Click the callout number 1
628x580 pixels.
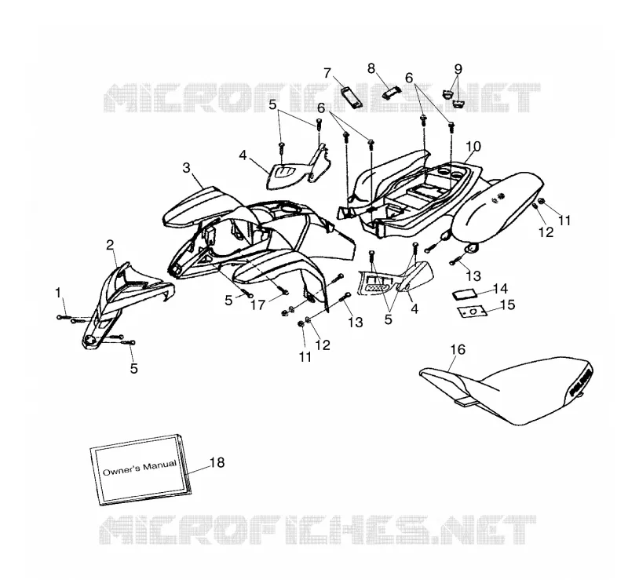58,294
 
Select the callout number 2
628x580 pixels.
110,245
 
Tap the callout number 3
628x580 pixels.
186,168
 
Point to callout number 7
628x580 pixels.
327,73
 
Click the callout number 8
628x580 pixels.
371,68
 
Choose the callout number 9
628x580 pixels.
458,69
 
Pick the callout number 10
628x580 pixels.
473,146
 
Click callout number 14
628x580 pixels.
501,288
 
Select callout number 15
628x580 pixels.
508,305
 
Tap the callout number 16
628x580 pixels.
458,350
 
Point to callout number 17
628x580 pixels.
258,305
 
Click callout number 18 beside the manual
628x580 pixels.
217,462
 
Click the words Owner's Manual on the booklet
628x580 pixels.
140,468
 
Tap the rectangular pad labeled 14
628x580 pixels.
464,294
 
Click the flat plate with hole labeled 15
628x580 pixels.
473,312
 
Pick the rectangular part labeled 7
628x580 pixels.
351,97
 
